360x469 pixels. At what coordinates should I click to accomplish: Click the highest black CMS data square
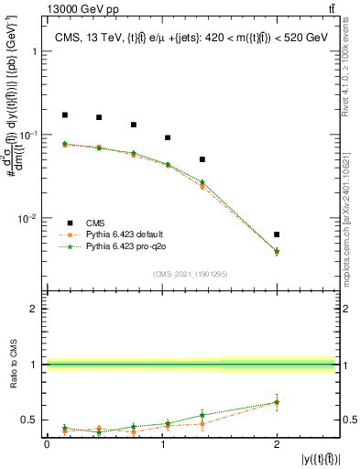[65, 115]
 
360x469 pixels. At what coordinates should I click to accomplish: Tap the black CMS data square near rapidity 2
[277, 234]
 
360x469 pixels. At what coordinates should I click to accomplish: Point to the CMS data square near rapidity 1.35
[202, 159]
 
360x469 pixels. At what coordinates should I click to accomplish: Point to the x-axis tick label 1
[162, 443]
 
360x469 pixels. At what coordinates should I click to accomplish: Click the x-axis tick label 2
[277, 443]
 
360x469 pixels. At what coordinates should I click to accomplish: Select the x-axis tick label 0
[47, 443]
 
